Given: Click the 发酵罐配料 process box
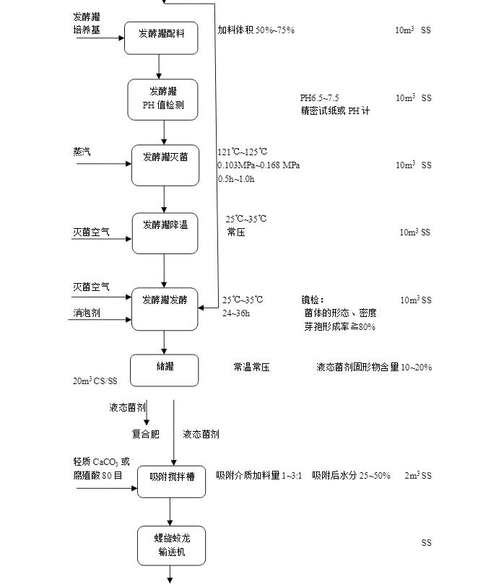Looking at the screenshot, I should (160, 38).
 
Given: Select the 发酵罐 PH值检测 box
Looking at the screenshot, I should (162, 100).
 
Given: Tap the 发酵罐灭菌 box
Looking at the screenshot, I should (165, 165).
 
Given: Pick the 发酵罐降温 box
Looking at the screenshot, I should (165, 233).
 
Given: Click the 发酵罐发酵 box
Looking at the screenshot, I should (164, 308).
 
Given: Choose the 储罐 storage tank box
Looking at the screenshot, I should (164, 370).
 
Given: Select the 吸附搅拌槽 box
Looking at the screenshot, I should (171, 482).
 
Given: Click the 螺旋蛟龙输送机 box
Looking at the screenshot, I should (171, 546).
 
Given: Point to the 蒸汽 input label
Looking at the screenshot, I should (82, 152).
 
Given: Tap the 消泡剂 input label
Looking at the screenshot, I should (86, 313).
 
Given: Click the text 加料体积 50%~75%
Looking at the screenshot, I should (256, 30).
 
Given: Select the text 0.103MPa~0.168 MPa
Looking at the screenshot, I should (258, 165).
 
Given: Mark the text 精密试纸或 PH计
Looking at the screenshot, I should (335, 111).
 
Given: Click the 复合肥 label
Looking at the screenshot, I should (145, 434).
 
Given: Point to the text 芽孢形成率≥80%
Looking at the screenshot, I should (339, 326).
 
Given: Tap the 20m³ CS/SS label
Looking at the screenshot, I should (94, 381).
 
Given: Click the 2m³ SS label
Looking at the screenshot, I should (417, 476).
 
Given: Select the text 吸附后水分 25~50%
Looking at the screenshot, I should (351, 476).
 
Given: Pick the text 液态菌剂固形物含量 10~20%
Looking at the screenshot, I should (373, 368).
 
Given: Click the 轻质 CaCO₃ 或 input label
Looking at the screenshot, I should (101, 462).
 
